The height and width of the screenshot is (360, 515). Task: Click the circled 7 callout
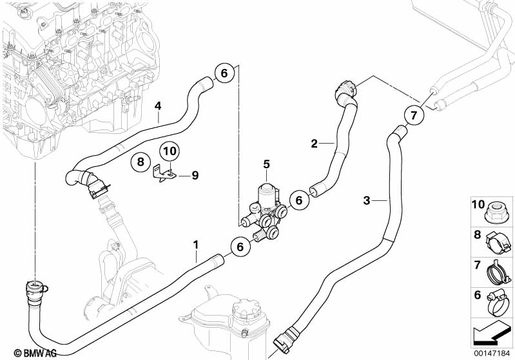click(x=414, y=115)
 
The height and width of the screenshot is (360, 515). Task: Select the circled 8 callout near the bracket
click(x=141, y=162)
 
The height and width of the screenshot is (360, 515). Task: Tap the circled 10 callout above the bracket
click(x=170, y=151)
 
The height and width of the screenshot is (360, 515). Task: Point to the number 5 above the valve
click(x=266, y=164)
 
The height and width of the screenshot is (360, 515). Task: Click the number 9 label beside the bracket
click(x=195, y=176)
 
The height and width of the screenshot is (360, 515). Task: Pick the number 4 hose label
click(x=158, y=106)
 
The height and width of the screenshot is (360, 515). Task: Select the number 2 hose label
click(x=315, y=144)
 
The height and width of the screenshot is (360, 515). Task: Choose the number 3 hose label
click(x=367, y=200)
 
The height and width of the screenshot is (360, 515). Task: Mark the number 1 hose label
click(x=196, y=245)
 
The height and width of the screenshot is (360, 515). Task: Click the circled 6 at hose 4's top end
click(x=224, y=73)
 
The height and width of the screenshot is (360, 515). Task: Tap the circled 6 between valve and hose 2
click(x=298, y=200)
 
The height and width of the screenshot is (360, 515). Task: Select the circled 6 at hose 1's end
click(x=240, y=247)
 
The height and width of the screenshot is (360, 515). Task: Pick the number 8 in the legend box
click(x=477, y=235)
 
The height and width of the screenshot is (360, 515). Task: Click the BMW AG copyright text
click(x=35, y=353)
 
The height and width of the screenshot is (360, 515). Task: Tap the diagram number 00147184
click(x=492, y=354)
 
